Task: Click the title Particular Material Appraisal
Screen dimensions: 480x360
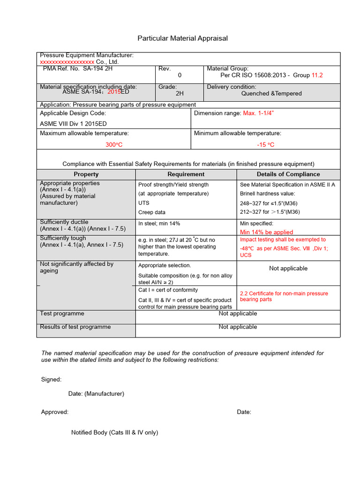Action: click(182, 38)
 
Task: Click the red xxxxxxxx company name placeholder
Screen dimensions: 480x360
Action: click(67, 62)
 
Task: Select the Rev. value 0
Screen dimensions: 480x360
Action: click(180, 75)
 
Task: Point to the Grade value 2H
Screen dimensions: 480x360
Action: click(180, 93)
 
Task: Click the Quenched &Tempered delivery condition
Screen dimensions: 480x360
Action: click(271, 93)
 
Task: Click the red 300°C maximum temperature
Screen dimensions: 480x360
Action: click(114, 145)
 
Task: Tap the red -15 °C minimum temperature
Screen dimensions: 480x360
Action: click(266, 145)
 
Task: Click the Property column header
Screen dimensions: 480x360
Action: click(86, 174)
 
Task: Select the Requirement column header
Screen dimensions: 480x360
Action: click(186, 174)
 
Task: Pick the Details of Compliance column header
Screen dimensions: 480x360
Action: click(288, 174)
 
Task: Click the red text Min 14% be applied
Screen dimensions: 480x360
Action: click(266, 232)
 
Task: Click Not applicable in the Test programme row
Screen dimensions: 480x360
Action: click(238, 314)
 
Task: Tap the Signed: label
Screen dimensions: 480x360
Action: click(51, 379)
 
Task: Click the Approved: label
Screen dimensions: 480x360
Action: click(55, 412)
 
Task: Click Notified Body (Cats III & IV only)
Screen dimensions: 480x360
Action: click(114, 433)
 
